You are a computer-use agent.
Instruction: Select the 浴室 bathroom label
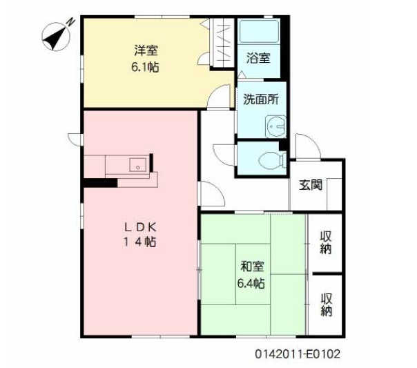258,58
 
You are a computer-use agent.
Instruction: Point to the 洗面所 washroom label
260,99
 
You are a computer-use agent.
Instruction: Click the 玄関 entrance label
310,184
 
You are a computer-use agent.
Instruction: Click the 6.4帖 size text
251,283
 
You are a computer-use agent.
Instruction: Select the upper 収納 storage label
326,242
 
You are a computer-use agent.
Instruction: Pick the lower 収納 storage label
326,304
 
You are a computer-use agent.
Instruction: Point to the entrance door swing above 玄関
306,146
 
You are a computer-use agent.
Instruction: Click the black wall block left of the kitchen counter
99,183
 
